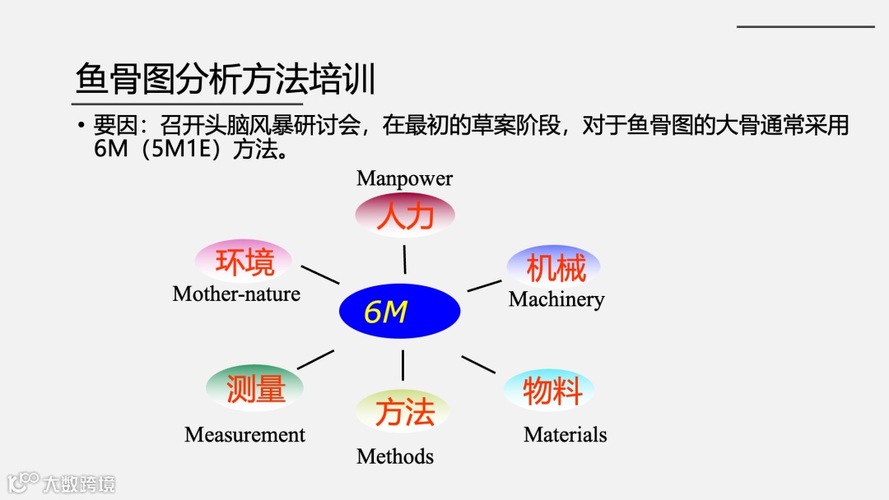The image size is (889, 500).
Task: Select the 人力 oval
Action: coord(404,215)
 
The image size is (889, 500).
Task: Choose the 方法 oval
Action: coord(403,410)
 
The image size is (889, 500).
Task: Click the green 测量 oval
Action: coord(255,387)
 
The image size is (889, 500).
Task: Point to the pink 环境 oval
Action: coord(244,262)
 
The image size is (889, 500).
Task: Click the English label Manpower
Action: coord(404,178)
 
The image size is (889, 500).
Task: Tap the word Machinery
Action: coord(556,299)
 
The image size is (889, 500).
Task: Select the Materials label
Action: coord(565,435)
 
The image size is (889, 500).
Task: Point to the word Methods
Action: coord(394,456)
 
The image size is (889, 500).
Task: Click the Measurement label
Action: coord(244,435)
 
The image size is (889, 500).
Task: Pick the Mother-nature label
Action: coord(236,294)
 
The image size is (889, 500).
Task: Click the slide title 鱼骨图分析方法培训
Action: coord(226,81)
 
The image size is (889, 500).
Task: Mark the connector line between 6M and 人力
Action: coord(404,258)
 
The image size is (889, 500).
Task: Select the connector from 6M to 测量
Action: coord(315,359)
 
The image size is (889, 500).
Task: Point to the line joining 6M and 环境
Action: coord(320,275)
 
